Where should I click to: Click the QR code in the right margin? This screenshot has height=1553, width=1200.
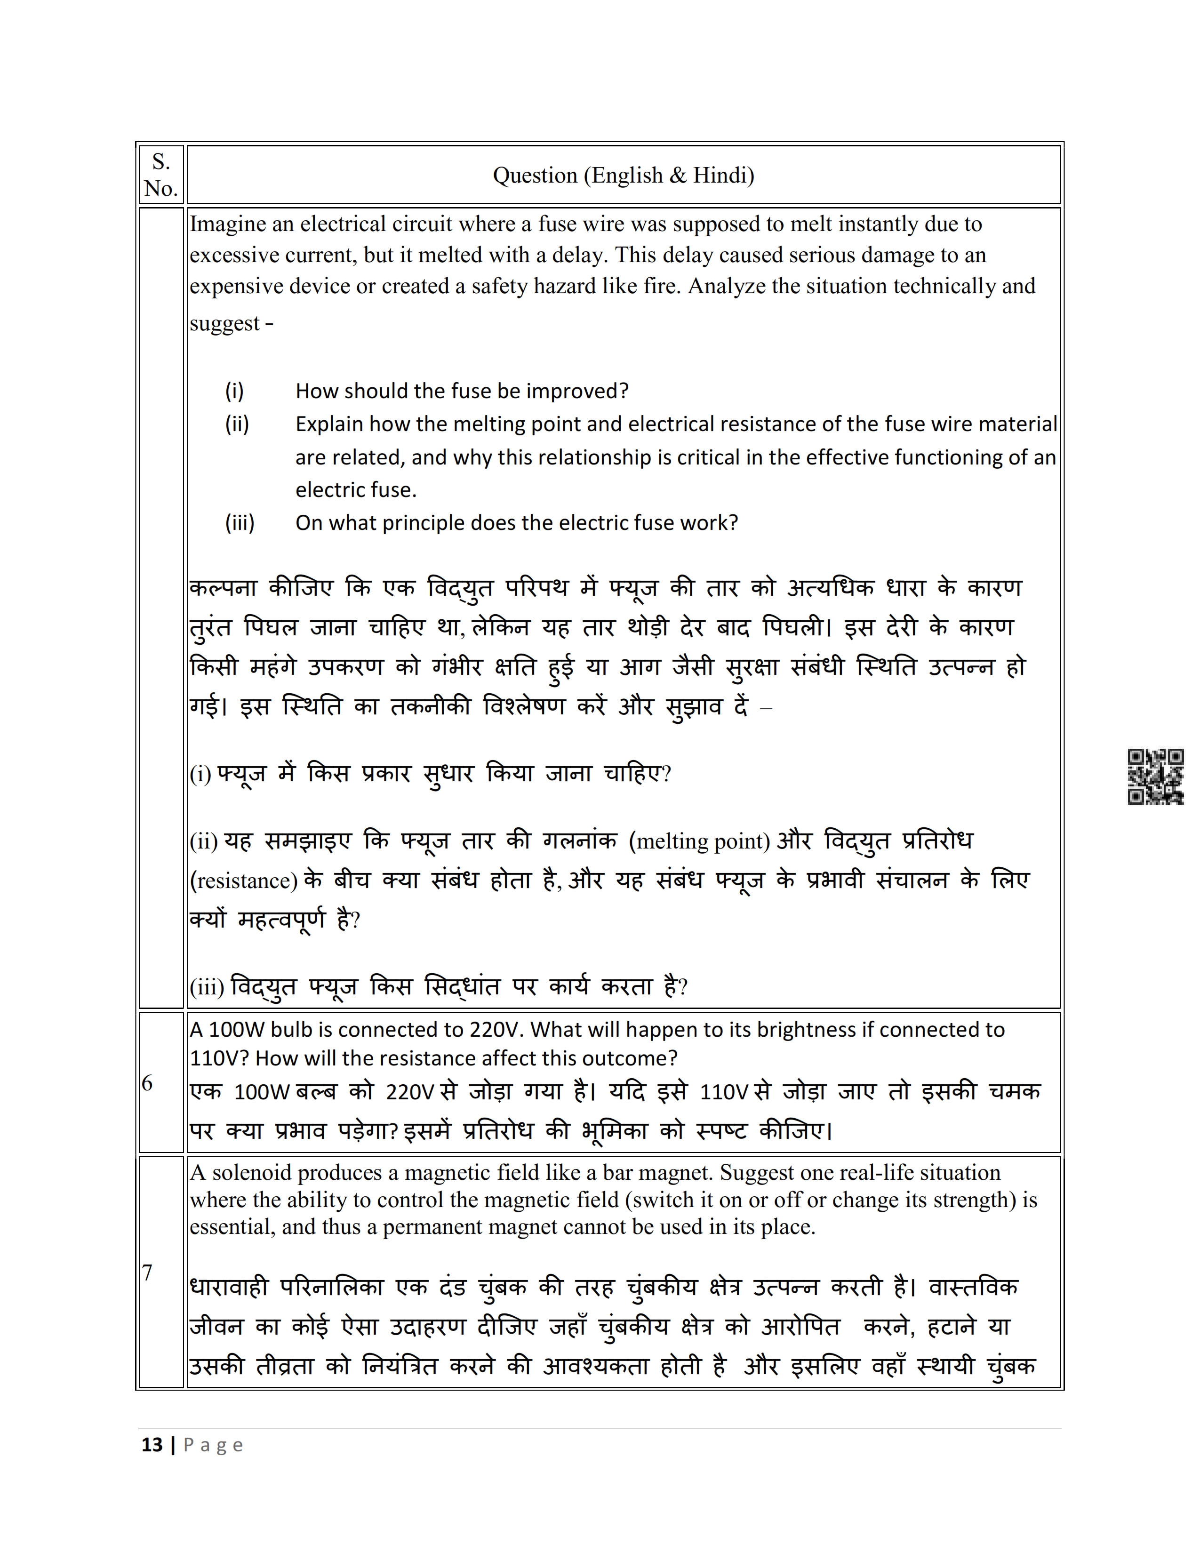(x=1155, y=776)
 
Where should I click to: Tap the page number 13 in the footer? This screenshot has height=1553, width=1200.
(x=152, y=1444)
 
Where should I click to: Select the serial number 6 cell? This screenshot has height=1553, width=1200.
(x=148, y=1083)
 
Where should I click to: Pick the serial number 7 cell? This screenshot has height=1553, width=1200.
(x=148, y=1272)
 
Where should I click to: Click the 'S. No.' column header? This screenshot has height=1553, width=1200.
(x=160, y=175)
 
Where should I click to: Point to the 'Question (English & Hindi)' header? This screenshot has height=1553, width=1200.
(x=624, y=175)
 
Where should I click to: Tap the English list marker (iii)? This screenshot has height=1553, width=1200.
(x=240, y=523)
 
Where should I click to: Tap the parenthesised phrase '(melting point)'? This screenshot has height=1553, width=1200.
(x=699, y=841)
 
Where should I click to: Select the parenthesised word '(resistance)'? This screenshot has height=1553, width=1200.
(x=244, y=881)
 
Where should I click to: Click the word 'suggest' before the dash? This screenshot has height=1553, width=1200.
(x=224, y=324)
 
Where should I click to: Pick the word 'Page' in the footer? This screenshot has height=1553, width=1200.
(x=213, y=1445)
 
